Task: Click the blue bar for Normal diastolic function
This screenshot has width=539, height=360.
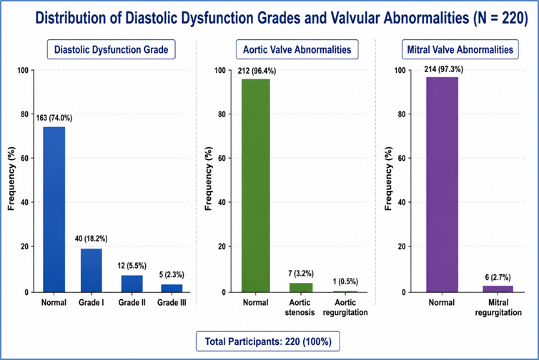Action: (54, 209)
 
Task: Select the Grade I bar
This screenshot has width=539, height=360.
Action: (92, 270)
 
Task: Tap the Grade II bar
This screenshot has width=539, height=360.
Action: (132, 284)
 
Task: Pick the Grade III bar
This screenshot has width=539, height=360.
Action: (172, 288)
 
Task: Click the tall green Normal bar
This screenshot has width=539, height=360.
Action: (256, 186)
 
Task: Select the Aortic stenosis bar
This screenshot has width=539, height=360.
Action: (301, 288)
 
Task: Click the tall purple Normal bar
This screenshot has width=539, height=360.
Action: (442, 184)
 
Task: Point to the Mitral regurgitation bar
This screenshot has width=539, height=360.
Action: (498, 289)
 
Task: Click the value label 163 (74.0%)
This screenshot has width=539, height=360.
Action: (54, 118)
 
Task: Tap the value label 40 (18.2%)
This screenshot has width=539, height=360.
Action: (91, 239)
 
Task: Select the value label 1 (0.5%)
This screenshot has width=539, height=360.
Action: (345, 281)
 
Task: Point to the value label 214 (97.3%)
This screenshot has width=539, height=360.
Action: (443, 69)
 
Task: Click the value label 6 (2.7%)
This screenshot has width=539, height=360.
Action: (498, 277)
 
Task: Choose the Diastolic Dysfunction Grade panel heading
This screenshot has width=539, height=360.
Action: (111, 49)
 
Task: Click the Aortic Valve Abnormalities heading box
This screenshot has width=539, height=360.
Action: (297, 49)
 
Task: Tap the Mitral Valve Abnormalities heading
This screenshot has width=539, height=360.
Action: (460, 49)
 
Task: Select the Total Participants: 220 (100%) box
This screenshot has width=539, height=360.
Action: (268, 341)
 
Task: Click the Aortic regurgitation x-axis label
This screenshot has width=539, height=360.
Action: (345, 307)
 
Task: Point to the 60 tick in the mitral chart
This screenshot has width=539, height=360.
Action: (402, 159)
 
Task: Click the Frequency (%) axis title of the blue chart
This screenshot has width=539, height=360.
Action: (11, 179)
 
